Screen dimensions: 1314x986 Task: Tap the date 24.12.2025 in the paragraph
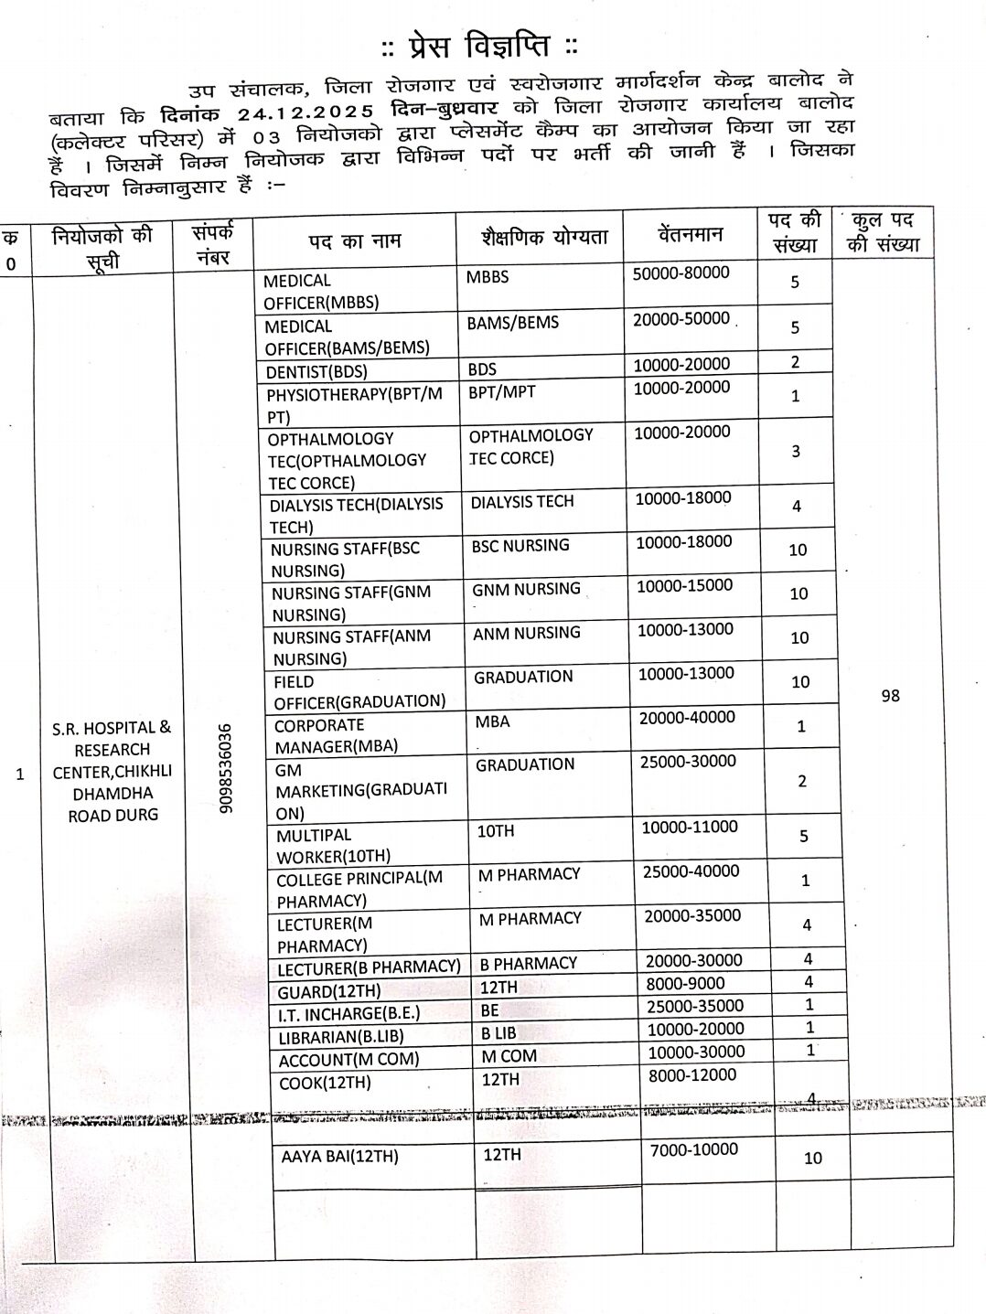click(x=305, y=112)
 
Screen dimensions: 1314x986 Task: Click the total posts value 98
click(x=890, y=696)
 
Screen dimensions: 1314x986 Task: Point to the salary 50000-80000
click(x=681, y=272)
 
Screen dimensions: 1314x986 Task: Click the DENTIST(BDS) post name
click(x=316, y=371)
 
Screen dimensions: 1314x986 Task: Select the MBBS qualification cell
click(x=488, y=276)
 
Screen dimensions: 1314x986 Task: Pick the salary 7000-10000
click(x=693, y=1149)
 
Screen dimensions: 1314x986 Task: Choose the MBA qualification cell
click(x=493, y=721)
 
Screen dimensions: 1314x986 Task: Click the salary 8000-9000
click(x=685, y=984)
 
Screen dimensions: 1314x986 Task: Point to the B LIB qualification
click(x=498, y=1032)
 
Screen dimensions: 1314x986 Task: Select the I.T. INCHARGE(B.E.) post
click(x=341, y=1014)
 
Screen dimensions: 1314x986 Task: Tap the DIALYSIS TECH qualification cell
click(x=522, y=501)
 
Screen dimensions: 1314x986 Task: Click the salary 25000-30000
click(x=688, y=761)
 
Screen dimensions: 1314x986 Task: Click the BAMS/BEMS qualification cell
click(x=512, y=322)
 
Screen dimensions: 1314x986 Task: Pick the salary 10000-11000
click(x=690, y=827)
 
